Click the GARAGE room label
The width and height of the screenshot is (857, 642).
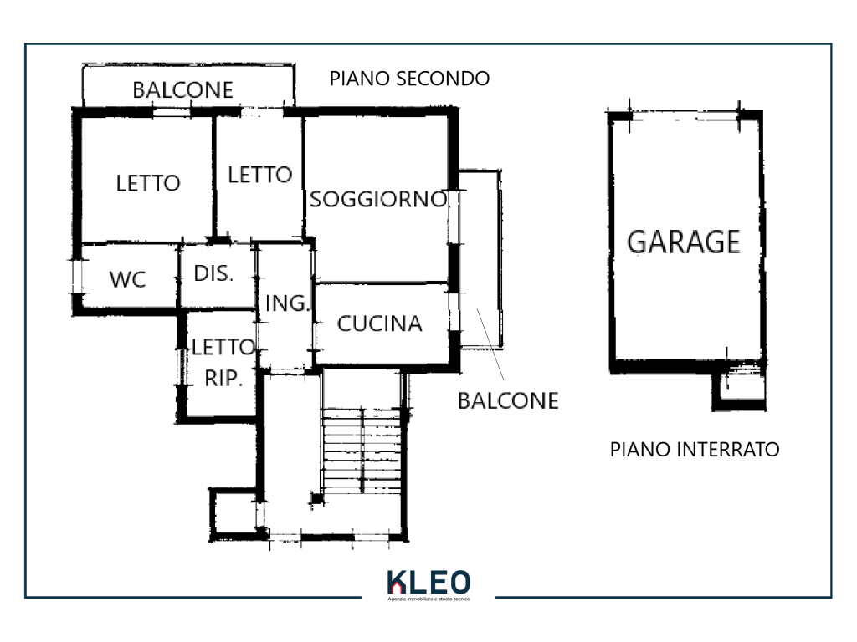tap(683, 242)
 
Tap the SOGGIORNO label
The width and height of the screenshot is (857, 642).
tap(378, 199)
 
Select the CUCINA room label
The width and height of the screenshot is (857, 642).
tap(380, 324)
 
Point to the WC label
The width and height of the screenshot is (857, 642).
tap(127, 279)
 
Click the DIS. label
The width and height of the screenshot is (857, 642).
tap(213, 273)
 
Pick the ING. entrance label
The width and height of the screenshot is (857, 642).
tap(288, 303)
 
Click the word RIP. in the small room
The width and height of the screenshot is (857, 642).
tap(223, 378)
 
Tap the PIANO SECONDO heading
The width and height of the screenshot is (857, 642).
tap(409, 79)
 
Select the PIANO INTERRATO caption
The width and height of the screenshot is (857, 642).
tap(695, 450)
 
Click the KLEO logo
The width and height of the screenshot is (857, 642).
tap(428, 582)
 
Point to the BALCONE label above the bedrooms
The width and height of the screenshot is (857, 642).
tap(183, 90)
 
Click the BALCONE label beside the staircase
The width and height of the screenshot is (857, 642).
tap(508, 401)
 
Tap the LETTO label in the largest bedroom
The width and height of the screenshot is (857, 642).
tap(148, 183)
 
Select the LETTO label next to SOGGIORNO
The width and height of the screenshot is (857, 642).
tap(259, 176)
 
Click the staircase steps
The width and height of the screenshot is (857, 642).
tap(362, 451)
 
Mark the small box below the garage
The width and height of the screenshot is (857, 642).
tap(739, 388)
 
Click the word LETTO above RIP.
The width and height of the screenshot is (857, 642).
tap(223, 347)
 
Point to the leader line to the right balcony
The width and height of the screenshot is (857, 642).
tap(490, 344)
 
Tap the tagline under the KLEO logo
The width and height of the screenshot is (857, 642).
tap(428, 599)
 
